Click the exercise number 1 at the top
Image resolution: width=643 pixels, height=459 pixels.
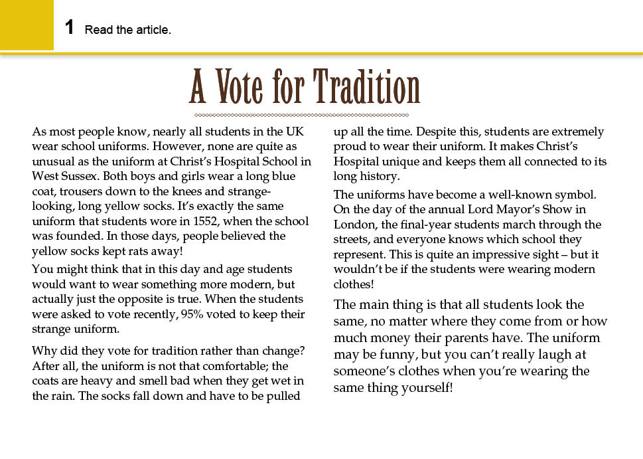click(69, 28)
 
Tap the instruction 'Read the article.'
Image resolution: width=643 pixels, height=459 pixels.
click(127, 30)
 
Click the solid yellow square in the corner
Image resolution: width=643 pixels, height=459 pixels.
click(27, 25)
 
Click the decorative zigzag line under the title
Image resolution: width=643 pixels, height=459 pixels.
click(305, 114)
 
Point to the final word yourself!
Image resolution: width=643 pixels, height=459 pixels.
click(427, 387)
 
